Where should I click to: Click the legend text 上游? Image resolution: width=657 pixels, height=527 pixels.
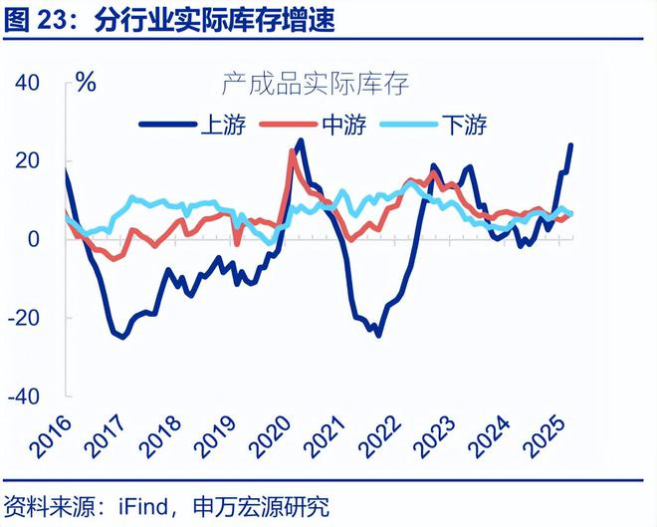click(220, 125)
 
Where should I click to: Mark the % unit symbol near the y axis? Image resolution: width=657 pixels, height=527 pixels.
click(86, 83)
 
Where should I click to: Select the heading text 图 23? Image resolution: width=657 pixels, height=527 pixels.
click(35, 20)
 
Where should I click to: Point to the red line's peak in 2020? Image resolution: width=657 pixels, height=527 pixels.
click(292, 150)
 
